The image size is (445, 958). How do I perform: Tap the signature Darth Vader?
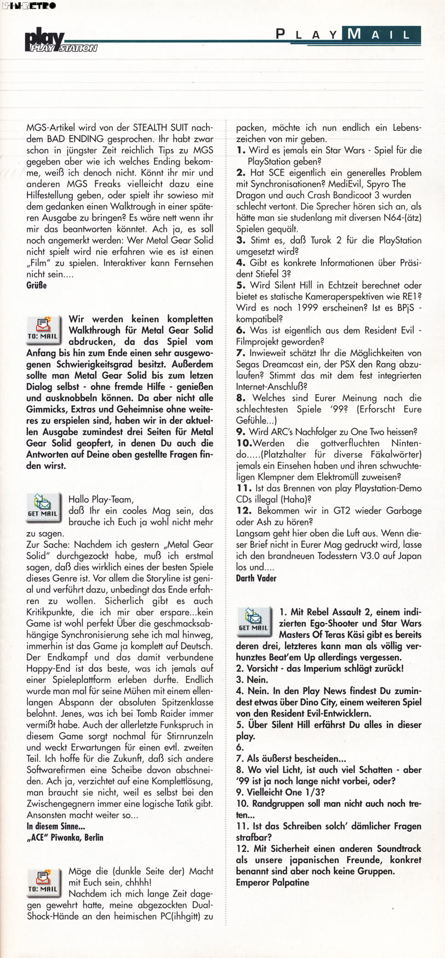click(256, 578)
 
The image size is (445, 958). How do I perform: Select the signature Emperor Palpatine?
click(272, 882)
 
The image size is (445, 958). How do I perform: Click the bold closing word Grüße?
click(37, 285)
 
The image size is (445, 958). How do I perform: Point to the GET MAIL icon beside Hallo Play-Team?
click(42, 506)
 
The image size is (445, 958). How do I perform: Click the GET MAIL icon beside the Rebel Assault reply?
click(253, 620)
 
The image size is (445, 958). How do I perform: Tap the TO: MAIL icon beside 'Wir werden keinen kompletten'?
click(42, 328)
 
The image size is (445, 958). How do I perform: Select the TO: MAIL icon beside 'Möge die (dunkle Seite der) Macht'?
click(42, 881)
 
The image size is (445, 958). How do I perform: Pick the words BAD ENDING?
click(72, 139)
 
